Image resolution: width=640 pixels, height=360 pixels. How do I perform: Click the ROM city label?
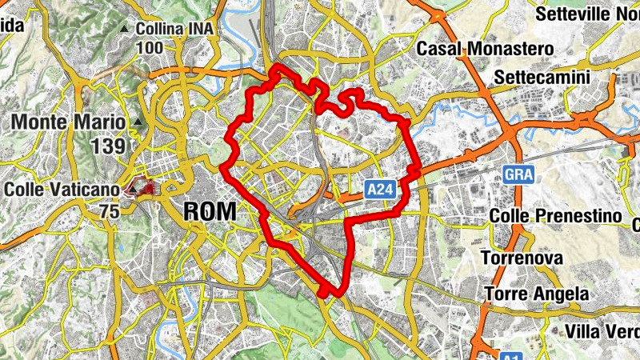click(x=210, y=212)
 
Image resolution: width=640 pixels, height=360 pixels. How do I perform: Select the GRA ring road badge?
click(x=518, y=174)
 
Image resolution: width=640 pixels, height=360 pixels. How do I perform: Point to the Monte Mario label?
click(x=69, y=122)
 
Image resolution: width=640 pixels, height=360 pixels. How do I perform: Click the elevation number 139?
click(x=109, y=146)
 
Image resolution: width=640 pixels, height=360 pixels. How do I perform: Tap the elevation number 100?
click(x=150, y=48)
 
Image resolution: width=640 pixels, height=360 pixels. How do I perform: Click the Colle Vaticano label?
click(x=62, y=190)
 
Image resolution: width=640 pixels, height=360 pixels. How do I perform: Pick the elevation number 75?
click(x=110, y=211)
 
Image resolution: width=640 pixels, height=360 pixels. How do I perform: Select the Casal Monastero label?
click(x=485, y=49)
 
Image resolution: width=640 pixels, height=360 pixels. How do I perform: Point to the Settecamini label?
click(x=542, y=77)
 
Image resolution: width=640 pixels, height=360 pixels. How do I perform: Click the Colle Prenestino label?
click(x=555, y=217)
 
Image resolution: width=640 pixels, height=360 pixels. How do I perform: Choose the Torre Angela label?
click(x=536, y=294)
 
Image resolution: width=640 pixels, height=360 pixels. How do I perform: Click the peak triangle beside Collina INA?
click(x=124, y=30)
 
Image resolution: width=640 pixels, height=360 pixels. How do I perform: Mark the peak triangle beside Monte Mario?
click(x=139, y=122)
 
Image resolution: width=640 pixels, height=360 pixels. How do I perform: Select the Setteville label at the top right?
click(x=586, y=14)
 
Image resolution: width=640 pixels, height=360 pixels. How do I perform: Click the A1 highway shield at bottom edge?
click(x=511, y=354)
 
